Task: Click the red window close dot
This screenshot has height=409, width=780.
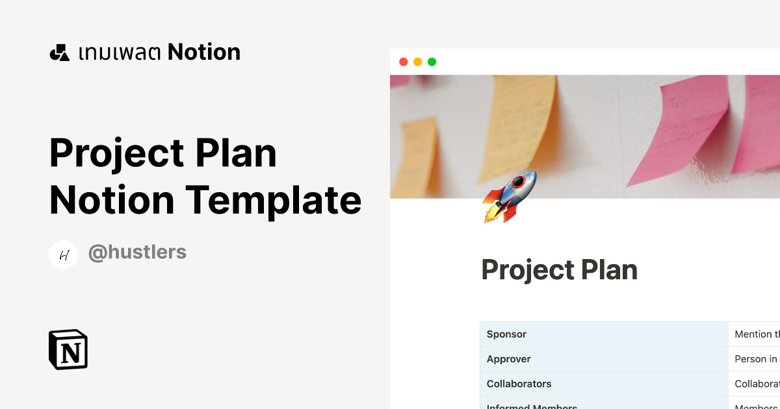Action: tap(403, 62)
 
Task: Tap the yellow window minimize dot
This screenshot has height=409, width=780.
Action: tap(417, 62)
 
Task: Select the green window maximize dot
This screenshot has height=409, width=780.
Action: tap(432, 62)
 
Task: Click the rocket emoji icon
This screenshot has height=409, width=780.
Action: tap(510, 196)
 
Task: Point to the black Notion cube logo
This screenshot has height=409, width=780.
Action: tap(68, 349)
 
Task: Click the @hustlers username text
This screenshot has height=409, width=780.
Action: tap(137, 253)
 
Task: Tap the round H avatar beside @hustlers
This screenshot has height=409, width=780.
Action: tap(64, 254)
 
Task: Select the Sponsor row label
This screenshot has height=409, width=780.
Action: tap(506, 334)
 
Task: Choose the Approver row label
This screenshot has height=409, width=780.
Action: tap(508, 359)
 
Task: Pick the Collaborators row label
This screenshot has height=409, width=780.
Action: tap(519, 384)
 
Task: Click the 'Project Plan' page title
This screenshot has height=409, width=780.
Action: tap(559, 270)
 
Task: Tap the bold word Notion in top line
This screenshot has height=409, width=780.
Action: tap(204, 52)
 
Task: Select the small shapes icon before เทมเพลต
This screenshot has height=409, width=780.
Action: tap(59, 53)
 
